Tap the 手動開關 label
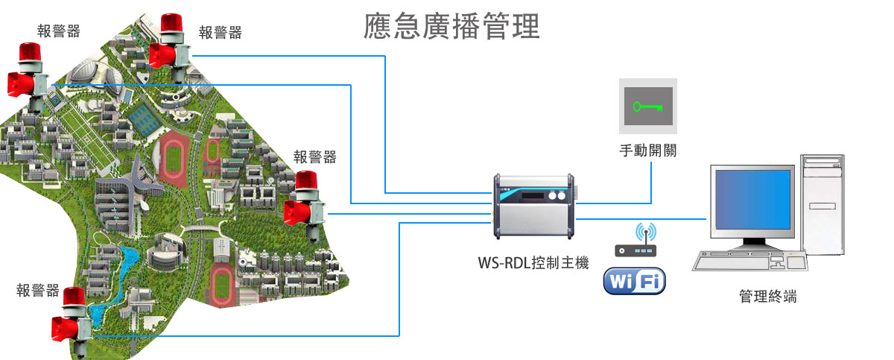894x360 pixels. click(x=647, y=150)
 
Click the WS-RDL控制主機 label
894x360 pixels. click(x=533, y=262)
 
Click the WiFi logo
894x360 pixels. click(x=634, y=281)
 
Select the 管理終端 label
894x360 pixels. click(x=767, y=297)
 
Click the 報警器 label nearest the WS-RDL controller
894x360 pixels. click(x=314, y=157)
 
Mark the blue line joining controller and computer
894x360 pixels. click(x=641, y=219)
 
